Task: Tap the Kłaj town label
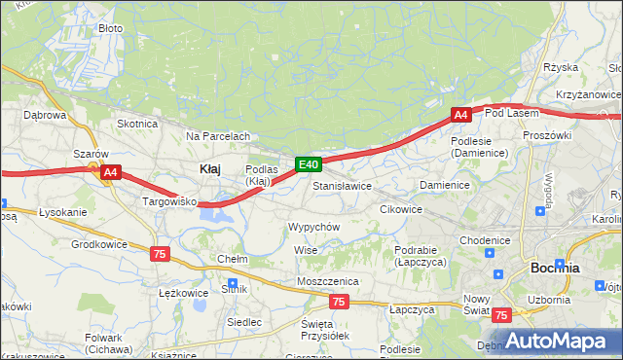click(x=209, y=168)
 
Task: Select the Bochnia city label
click(x=555, y=268)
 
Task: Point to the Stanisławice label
click(x=342, y=185)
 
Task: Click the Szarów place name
click(x=91, y=154)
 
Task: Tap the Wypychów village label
click(x=313, y=227)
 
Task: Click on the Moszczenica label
click(x=328, y=281)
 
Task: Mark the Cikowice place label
click(x=400, y=209)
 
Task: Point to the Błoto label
click(x=111, y=28)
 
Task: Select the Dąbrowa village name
click(x=44, y=114)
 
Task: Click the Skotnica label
click(x=137, y=124)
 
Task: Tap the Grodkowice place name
click(x=98, y=244)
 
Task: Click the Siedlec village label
click(x=243, y=321)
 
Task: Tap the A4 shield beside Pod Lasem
click(x=461, y=115)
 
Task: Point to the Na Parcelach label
click(x=218, y=136)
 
